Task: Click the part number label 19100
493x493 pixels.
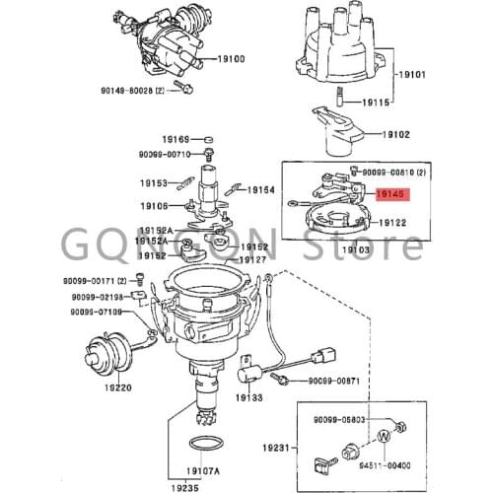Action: (230, 59)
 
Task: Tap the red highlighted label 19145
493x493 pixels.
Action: (391, 196)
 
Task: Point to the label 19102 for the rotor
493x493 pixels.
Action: (396, 134)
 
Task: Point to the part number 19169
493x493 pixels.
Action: (176, 140)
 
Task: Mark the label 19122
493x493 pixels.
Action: (391, 224)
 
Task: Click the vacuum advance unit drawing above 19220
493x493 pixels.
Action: (100, 353)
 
